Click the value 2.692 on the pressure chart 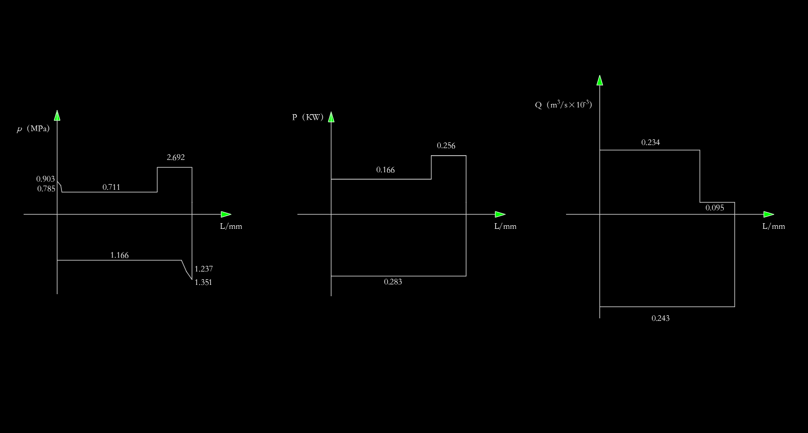(176, 157)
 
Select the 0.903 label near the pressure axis (45, 179)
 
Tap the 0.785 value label (46, 189)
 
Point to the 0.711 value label (111, 187)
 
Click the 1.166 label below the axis (120, 255)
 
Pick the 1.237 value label (203, 268)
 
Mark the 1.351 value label (203, 282)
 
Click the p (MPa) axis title (33, 129)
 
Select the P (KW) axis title (308, 117)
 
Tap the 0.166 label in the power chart (385, 170)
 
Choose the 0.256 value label (446, 146)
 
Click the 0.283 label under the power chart (393, 282)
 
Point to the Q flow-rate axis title (563, 105)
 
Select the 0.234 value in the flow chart (650, 142)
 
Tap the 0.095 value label (715, 208)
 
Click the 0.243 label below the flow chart (661, 318)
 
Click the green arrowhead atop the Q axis (599, 80)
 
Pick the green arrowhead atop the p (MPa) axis (57, 116)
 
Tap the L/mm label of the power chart (505, 226)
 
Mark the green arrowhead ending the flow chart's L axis (768, 214)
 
